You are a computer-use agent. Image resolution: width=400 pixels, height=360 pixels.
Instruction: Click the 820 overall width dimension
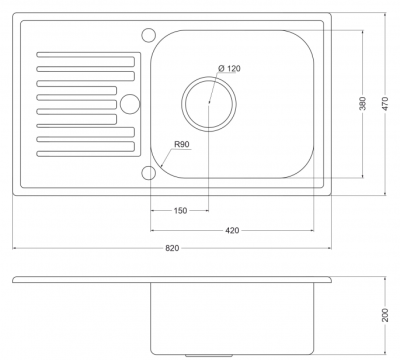point(172,248)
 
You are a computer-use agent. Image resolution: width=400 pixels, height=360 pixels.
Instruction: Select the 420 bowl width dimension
point(232,230)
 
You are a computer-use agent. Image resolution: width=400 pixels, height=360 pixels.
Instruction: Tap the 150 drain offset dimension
point(180,211)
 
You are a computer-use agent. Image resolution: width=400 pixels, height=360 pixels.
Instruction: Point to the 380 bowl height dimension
point(363,103)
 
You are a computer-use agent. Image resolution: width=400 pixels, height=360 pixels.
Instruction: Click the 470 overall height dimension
point(385,103)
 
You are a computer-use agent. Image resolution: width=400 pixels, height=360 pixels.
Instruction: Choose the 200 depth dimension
point(385,315)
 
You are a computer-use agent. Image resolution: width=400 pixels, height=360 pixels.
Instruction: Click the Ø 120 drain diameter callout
point(229,69)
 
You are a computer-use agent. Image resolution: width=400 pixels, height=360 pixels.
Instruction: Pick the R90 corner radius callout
point(182,144)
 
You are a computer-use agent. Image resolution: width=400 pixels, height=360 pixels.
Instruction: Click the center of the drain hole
point(209,103)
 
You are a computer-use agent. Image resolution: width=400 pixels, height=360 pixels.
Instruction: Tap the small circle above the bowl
point(149,35)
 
